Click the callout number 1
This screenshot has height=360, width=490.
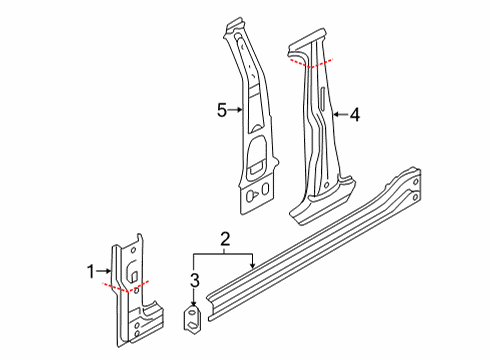(91, 272)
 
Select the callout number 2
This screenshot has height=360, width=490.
(225, 239)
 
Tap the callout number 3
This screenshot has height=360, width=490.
(195, 280)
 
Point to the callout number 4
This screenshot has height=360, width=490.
(355, 115)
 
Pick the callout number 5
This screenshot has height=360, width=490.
(222, 110)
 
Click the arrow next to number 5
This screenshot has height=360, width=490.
(235, 110)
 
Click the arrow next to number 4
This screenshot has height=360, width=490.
(341, 114)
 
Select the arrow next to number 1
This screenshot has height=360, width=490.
(103, 271)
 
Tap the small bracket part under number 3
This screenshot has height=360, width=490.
(193, 318)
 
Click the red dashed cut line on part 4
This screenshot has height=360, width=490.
(311, 64)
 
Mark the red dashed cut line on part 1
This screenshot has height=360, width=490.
(125, 287)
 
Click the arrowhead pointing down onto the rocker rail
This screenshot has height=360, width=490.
(253, 265)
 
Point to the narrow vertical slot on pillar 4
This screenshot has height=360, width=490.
(322, 98)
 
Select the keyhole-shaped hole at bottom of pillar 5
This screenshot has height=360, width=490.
(251, 196)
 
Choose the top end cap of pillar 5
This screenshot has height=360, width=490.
(236, 25)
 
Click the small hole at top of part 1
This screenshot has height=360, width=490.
(133, 250)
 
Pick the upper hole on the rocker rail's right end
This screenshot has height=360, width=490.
(416, 182)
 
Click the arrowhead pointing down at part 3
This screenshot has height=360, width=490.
(194, 303)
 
